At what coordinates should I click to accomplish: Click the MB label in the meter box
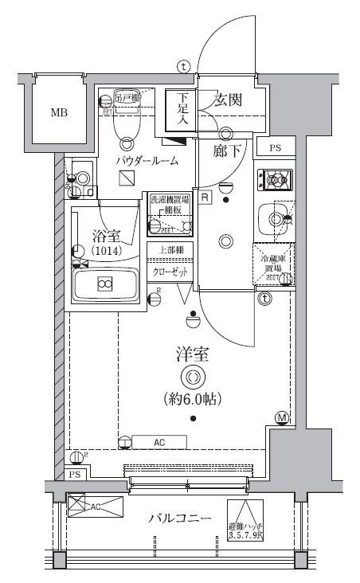(x=59, y=112)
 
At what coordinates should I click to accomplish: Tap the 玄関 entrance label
(x=229, y=100)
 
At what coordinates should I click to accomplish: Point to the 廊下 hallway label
(x=227, y=151)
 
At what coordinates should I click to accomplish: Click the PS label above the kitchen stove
(x=275, y=149)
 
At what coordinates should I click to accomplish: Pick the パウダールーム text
(x=146, y=161)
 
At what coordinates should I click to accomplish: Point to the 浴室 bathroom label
(x=105, y=236)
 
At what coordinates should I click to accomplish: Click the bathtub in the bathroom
(x=106, y=284)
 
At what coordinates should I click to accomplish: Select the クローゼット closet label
(x=170, y=272)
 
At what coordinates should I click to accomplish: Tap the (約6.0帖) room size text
(x=192, y=397)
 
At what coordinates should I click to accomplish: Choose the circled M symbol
(x=282, y=417)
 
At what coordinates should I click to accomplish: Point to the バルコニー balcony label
(x=179, y=518)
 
